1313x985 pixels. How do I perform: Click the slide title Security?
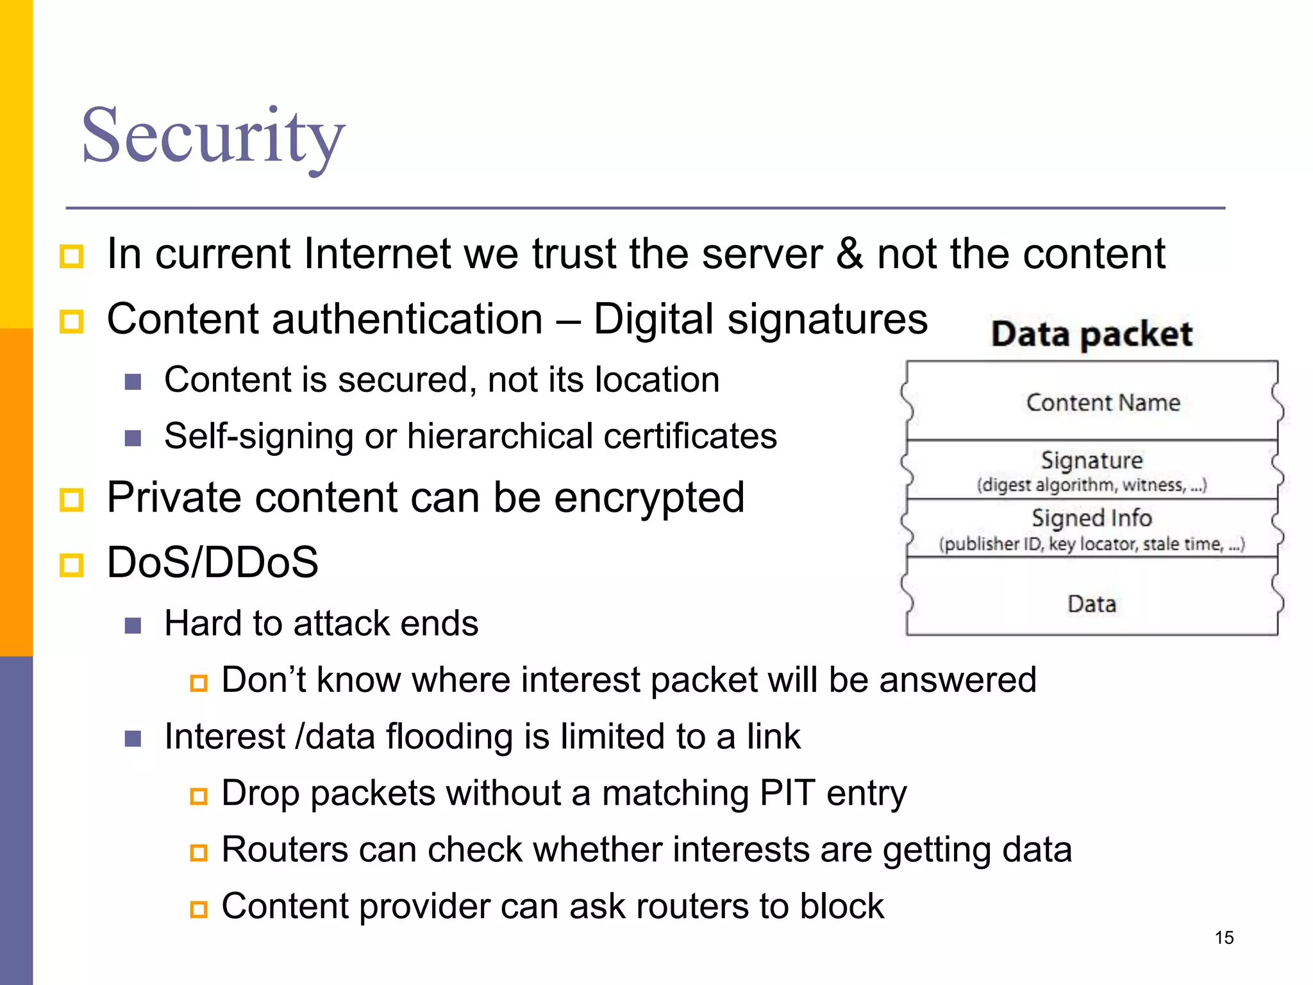(x=213, y=136)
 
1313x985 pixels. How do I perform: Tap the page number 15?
(x=1224, y=938)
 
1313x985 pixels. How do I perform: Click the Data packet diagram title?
(x=1092, y=334)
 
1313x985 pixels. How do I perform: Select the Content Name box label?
(x=1103, y=403)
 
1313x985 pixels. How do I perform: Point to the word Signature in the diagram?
(x=1092, y=460)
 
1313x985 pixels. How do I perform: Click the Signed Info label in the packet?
(x=1091, y=518)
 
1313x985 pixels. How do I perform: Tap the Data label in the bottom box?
(x=1092, y=603)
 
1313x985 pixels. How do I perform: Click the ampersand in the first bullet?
(x=849, y=253)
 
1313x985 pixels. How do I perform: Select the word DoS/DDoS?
(x=212, y=562)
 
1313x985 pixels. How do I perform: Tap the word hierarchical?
(x=499, y=436)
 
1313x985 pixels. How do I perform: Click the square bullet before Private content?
(x=71, y=500)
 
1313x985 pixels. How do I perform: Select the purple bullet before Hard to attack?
(x=133, y=625)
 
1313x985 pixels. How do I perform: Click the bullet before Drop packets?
(x=199, y=796)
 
